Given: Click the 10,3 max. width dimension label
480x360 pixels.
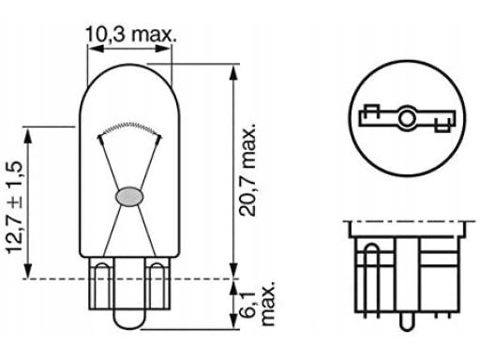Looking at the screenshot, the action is pyautogui.click(x=130, y=35).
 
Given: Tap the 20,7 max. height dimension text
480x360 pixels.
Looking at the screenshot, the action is pyautogui.click(x=247, y=170).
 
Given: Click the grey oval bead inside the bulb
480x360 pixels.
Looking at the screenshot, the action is pyautogui.click(x=129, y=197).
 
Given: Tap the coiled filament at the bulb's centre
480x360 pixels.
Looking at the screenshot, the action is pyautogui.click(x=129, y=127).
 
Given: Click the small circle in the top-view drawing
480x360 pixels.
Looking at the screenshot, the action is pyautogui.click(x=406, y=118).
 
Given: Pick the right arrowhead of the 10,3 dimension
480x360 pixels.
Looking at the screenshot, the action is pyautogui.click(x=163, y=49).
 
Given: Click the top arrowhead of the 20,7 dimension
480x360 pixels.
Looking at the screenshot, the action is pyautogui.click(x=233, y=73).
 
